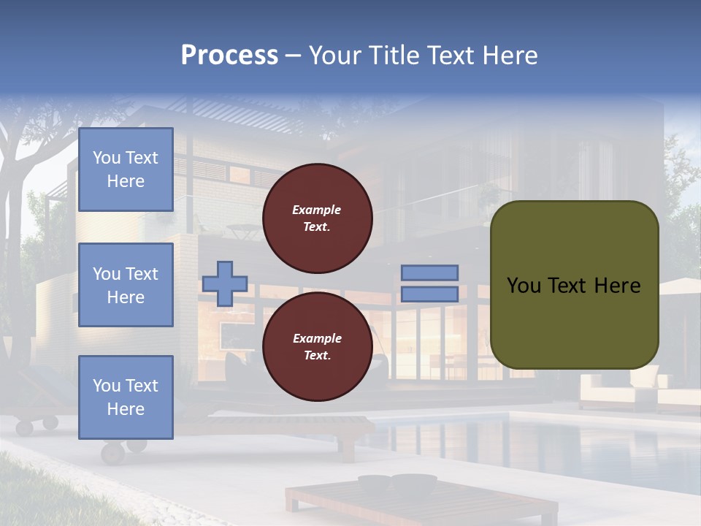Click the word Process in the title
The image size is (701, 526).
tap(229, 56)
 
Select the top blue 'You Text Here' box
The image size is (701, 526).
tap(126, 169)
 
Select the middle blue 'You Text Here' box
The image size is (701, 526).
tap(126, 285)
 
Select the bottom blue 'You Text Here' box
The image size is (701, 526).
tap(126, 397)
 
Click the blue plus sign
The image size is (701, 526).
tap(225, 283)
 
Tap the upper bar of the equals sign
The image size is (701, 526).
tap(429, 272)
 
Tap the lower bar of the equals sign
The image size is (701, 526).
tap(429, 294)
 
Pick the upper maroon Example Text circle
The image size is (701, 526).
tap(318, 218)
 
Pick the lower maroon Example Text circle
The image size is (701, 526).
tap(318, 346)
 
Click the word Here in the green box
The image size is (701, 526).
tap(617, 286)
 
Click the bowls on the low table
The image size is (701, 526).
tap(397, 482)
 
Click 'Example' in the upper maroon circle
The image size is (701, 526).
tap(317, 210)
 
